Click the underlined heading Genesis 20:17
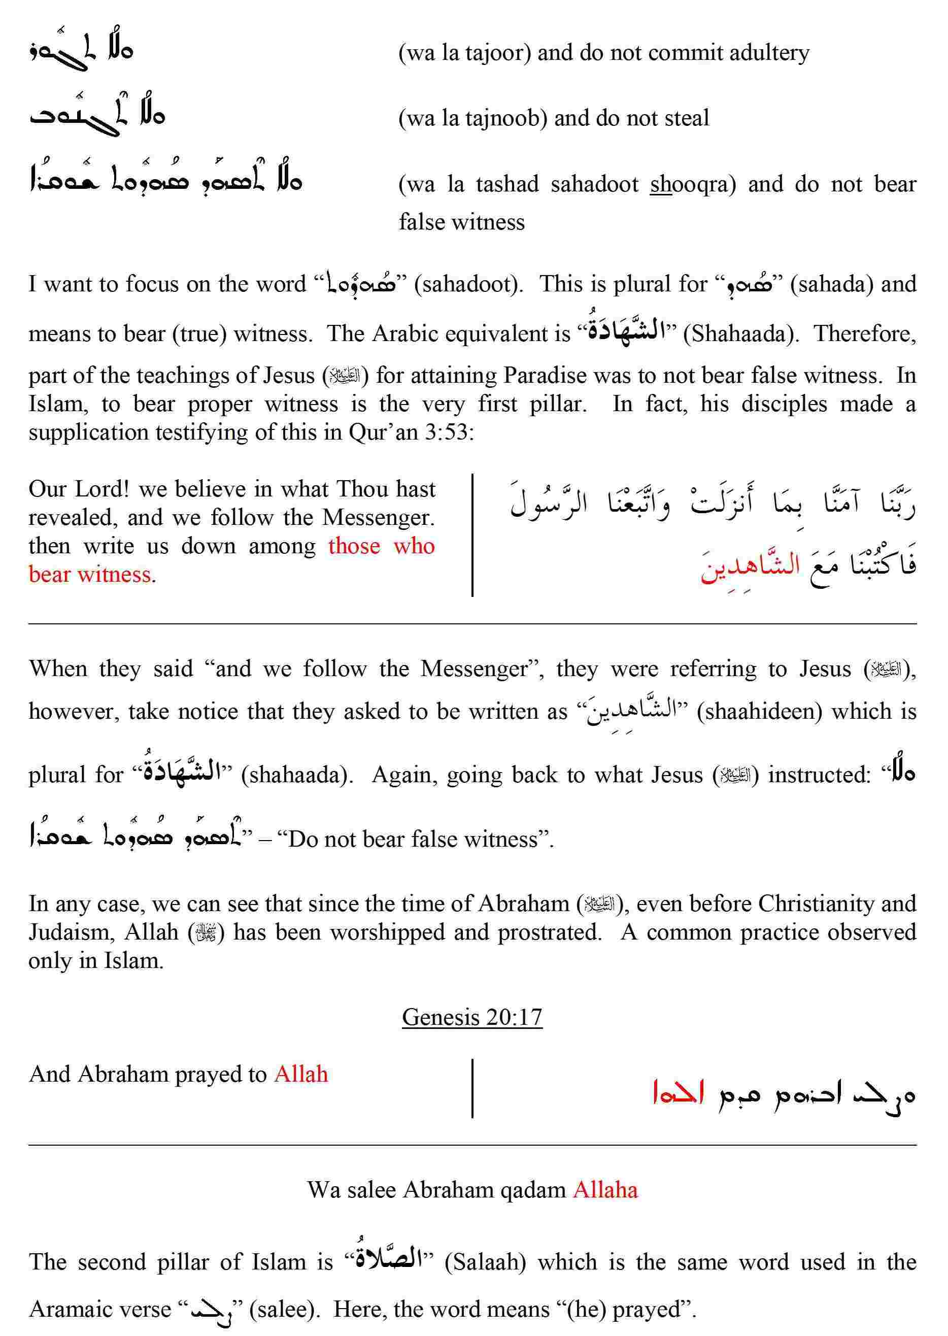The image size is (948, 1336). coord(471,1017)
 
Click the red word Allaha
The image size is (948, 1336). coord(605,1189)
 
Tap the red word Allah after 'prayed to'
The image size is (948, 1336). coord(301,1074)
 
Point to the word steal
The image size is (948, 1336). coord(687,119)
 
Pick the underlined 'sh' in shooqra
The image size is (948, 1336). coord(661,185)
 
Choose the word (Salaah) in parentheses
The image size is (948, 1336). coord(485,1262)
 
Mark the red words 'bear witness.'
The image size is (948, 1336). coord(92,575)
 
